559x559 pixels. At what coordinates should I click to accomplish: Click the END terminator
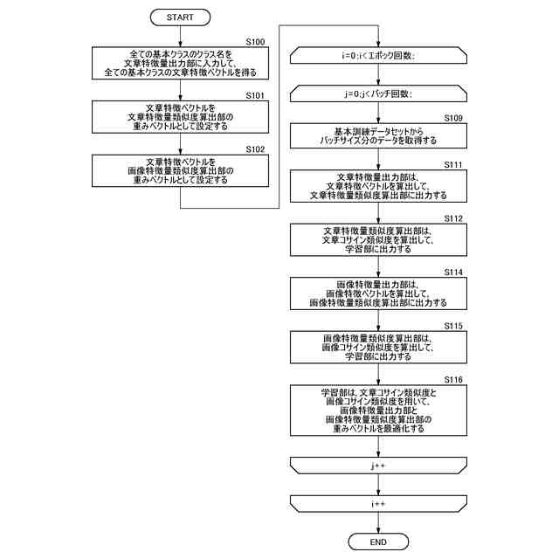point(378,542)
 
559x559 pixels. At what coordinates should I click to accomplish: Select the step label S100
point(255,41)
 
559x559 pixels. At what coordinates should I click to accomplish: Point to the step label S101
point(255,94)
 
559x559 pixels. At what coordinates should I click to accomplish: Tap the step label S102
point(255,149)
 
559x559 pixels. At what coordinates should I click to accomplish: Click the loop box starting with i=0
point(378,56)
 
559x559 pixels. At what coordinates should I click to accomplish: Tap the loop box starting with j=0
point(378,93)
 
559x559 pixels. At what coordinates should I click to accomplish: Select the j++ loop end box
point(378,466)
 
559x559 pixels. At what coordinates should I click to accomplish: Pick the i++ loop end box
point(378,504)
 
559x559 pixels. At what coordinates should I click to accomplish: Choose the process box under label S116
point(378,411)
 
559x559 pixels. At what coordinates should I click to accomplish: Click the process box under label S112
point(378,238)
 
